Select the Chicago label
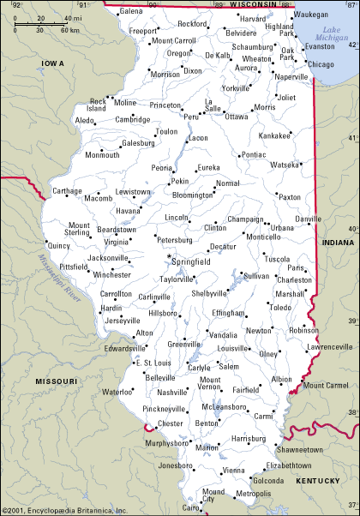pos(321,64)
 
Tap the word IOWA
pos(53,63)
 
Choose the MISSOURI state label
pos(56,380)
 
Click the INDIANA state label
pos(337,243)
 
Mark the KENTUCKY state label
pos(318,482)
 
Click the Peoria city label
pos(162,168)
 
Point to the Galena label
pos(131,11)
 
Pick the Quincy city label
pos(58,246)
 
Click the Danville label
pos(308,219)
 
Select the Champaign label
pos(245,219)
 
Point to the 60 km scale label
pos(69,30)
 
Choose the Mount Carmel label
pos(325,386)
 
